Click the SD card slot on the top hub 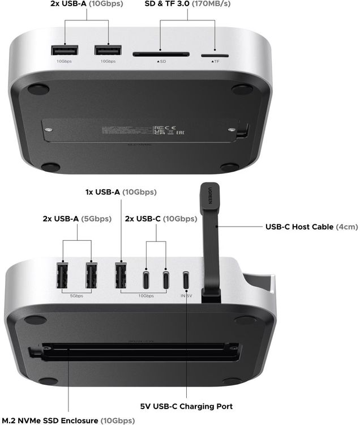coord(161,54)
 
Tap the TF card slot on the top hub coord(215,56)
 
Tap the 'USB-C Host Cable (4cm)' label coord(311,227)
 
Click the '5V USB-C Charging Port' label coord(186,406)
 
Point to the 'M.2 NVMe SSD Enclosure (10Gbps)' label coord(68,420)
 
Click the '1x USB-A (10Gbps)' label coord(121,192)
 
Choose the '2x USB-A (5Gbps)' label coord(76,218)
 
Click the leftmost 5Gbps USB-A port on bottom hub coord(62,275)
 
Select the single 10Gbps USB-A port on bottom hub coord(121,275)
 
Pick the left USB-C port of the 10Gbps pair coord(147,279)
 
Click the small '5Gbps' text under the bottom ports coord(76,296)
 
